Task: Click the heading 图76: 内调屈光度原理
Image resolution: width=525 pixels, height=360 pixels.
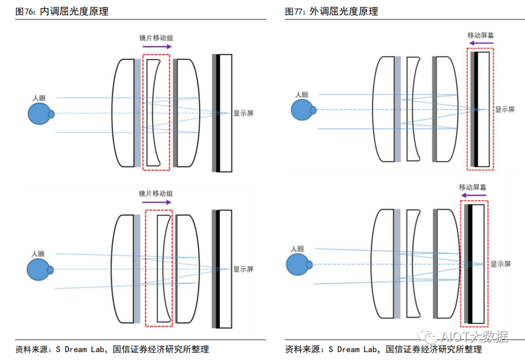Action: point(62,12)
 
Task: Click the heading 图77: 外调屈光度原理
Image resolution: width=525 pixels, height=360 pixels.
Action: point(332,12)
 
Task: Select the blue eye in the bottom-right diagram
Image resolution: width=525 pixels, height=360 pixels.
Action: point(298,265)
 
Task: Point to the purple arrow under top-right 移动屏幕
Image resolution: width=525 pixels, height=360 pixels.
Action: point(480,43)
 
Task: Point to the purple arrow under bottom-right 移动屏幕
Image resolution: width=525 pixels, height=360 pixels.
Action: point(473,195)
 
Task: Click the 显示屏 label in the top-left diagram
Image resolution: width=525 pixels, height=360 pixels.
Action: point(243,113)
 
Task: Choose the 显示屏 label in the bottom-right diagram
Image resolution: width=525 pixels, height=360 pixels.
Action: point(500,264)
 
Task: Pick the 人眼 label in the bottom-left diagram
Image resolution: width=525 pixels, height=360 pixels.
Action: point(38,254)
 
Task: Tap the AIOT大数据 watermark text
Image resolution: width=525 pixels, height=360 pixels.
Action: point(474,337)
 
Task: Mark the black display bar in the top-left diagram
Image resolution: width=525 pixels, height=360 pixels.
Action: point(218,113)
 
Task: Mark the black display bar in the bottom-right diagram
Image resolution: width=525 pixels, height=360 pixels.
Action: point(469,264)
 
